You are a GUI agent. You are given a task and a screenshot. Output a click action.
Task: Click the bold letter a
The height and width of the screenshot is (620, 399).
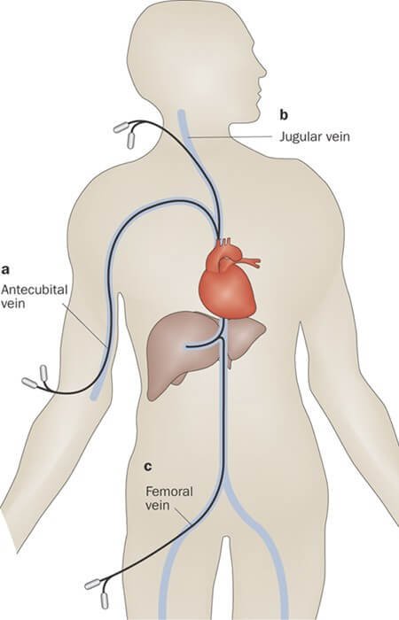pos(5,270)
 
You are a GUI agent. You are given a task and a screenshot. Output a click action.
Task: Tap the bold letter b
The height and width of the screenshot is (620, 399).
pos(284,115)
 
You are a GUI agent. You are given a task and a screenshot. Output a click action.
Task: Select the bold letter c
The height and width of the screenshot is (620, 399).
pos(148,467)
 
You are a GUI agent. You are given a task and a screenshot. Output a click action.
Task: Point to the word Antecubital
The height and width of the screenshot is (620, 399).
pos(34,290)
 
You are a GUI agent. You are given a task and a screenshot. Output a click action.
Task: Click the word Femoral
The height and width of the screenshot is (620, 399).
pos(169,492)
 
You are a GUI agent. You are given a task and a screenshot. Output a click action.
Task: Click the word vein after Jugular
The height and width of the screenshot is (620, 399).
pos(339,136)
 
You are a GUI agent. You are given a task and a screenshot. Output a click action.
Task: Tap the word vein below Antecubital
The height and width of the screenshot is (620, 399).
pos(13,304)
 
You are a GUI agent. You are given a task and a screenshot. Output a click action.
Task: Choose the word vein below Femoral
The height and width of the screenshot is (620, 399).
pos(158,506)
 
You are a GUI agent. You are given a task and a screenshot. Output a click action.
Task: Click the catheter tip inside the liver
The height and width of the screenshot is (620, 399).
pos(187,347)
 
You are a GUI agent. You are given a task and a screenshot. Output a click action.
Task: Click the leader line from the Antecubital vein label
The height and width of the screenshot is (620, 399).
pos(84,325)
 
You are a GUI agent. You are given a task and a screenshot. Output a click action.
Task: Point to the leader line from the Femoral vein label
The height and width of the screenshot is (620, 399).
pos(184,516)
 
